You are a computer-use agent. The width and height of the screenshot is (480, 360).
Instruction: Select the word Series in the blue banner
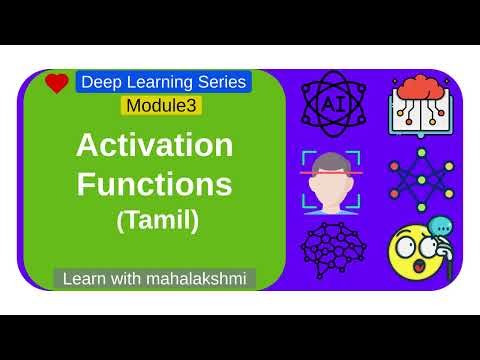pyautogui.click(x=221, y=82)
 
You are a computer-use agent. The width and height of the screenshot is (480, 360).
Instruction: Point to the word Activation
pyautogui.click(x=155, y=147)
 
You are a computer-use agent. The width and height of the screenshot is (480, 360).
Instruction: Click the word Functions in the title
pyautogui.click(x=155, y=184)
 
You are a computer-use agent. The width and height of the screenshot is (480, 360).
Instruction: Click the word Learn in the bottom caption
pyautogui.click(x=85, y=277)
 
